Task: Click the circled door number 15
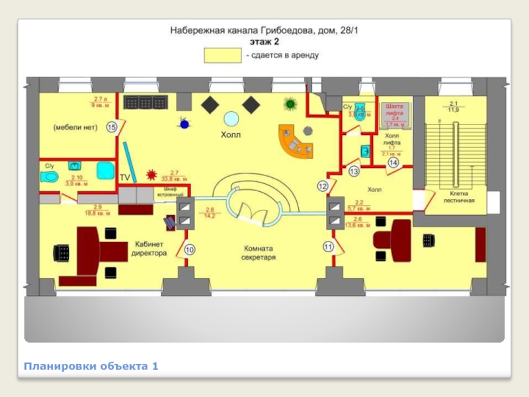112,126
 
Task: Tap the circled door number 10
190,249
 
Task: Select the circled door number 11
328,247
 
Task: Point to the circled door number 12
322,187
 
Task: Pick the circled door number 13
354,171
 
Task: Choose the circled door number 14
393,162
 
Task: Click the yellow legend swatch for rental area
222,56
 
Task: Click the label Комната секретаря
258,252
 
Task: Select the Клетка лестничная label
456,197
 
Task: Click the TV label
125,177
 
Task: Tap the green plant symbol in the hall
289,103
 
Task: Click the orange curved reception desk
294,142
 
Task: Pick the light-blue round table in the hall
231,118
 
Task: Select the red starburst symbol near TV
152,175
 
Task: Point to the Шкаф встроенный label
169,192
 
